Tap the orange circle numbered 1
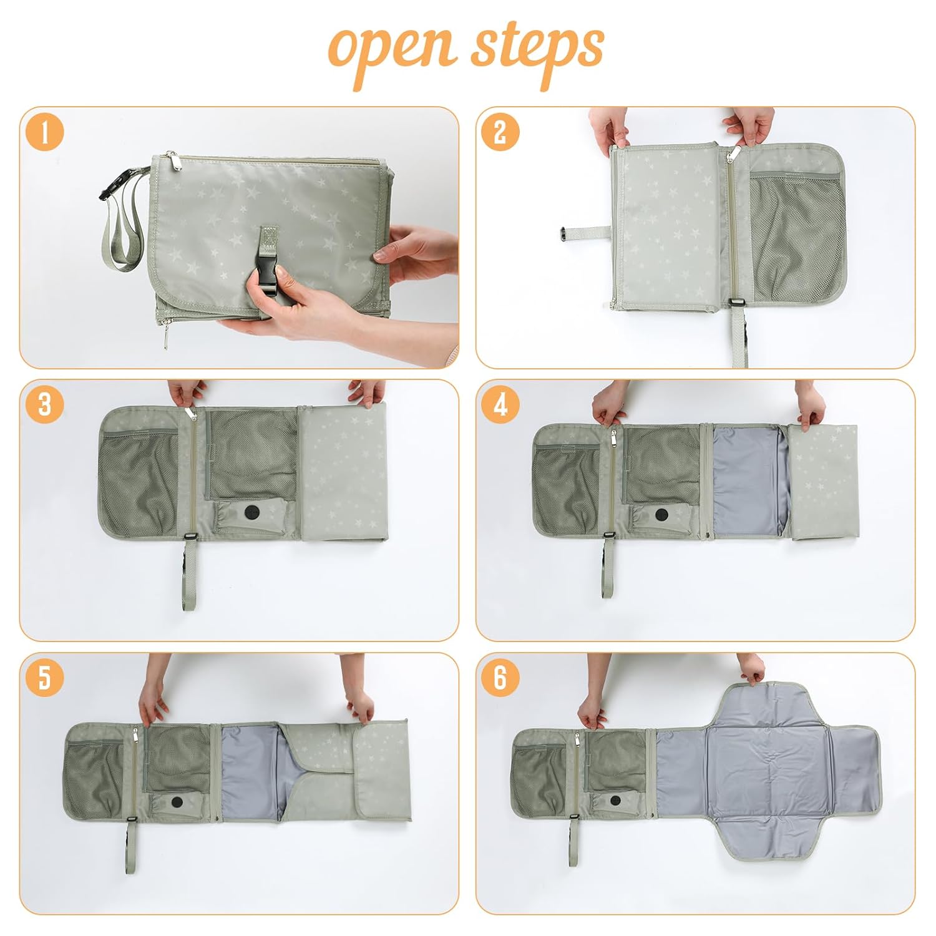[x=45, y=132]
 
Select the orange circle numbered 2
[x=500, y=132]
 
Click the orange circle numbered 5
[x=45, y=678]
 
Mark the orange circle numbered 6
[x=500, y=678]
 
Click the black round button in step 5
[x=177, y=802]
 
